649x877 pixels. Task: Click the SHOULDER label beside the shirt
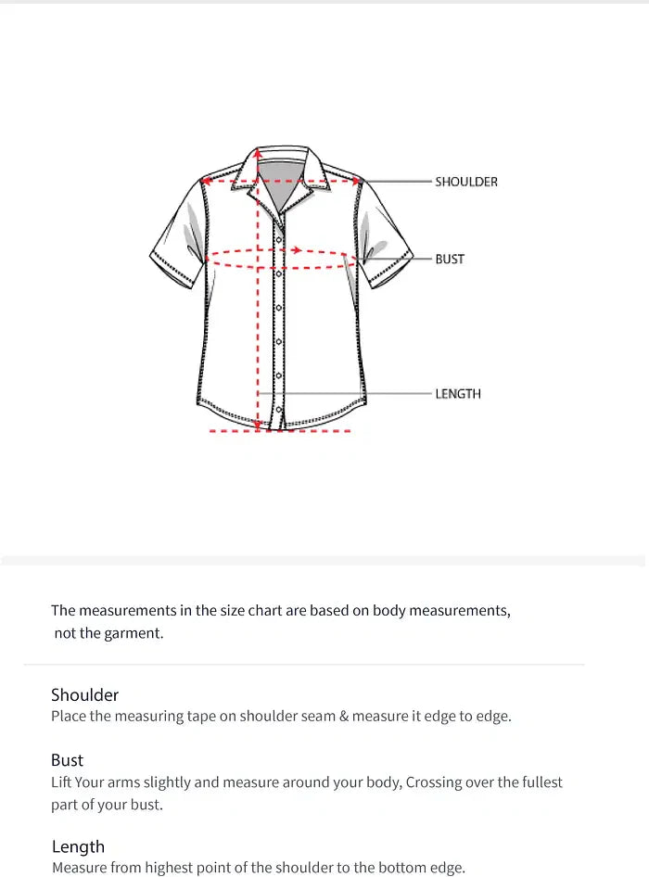tap(465, 182)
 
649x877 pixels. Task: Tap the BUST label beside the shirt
tap(450, 259)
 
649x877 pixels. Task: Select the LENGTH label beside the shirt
tap(458, 394)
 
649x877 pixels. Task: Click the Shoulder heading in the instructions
tap(84, 694)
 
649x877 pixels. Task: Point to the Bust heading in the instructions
tap(67, 760)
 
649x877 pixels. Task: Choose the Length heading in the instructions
tap(78, 846)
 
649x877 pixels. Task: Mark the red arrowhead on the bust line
tap(296, 249)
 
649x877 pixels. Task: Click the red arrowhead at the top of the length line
tap(258, 154)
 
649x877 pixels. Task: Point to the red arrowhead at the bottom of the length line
tap(258, 426)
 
